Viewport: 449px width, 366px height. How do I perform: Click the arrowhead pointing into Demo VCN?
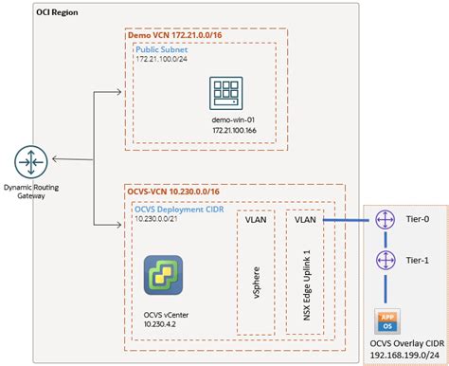click(121, 93)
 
